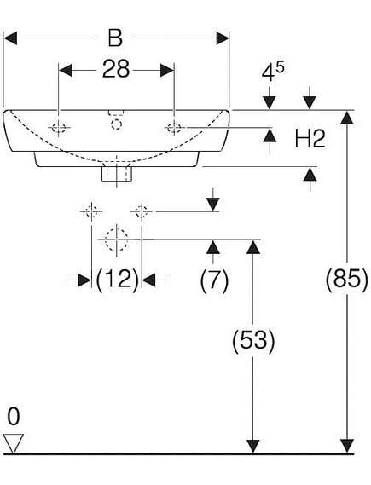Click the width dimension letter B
click(x=115, y=38)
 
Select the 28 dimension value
click(x=115, y=69)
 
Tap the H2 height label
click(x=310, y=139)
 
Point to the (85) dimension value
click(x=347, y=280)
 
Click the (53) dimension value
click(x=253, y=341)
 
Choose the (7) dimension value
click(x=214, y=280)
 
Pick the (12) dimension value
click(x=117, y=280)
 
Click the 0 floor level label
click(x=14, y=416)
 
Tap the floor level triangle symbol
click(x=14, y=443)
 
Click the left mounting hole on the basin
click(x=59, y=128)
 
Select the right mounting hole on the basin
click(x=174, y=128)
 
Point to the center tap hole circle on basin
click(x=116, y=124)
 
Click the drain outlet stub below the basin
click(x=117, y=174)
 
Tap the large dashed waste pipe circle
click(x=116, y=240)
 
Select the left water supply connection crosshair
click(x=91, y=211)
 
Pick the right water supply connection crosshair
click(x=142, y=211)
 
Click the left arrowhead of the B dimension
click(x=10, y=38)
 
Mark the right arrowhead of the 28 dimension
click(x=167, y=71)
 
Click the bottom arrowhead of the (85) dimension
click(x=347, y=447)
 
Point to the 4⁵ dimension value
click(x=273, y=72)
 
